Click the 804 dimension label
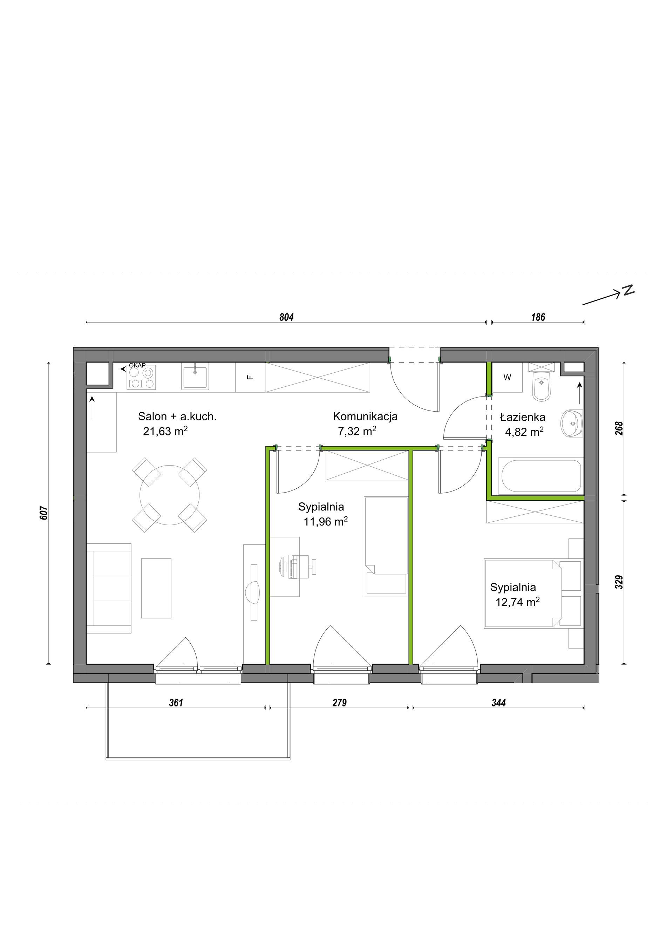click(286, 317)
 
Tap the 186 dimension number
click(538, 317)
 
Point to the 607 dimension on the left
click(44, 513)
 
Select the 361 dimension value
click(176, 703)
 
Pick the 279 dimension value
click(340, 703)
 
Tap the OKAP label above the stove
click(137, 366)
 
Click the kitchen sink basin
click(195, 376)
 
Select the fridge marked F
click(250, 378)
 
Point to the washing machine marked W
click(507, 378)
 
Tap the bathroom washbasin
click(572, 423)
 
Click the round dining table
click(169, 495)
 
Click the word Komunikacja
click(365, 416)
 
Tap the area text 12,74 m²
click(517, 602)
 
